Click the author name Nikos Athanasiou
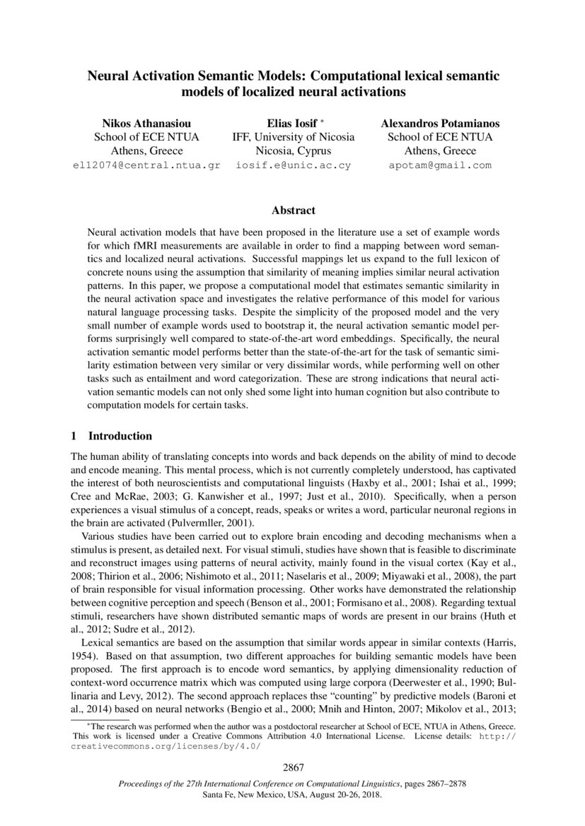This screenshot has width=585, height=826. point(146,122)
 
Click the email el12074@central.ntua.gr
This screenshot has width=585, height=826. point(147,165)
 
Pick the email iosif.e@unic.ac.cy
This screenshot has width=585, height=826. point(294,165)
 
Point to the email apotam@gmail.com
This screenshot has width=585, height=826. point(440,165)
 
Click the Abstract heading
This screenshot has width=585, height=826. point(293,210)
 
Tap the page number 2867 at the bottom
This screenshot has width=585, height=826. point(293,768)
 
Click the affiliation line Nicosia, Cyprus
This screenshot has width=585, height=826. point(294,151)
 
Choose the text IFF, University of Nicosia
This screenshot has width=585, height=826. point(294,136)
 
